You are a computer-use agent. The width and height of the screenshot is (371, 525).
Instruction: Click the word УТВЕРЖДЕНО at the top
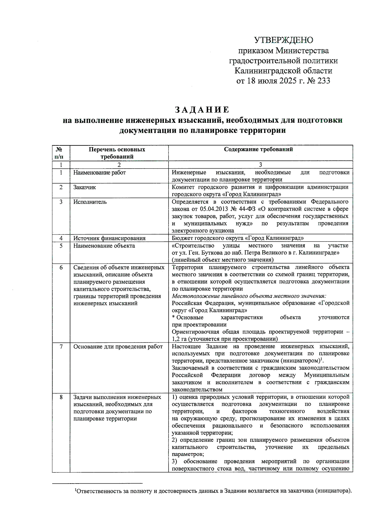283,40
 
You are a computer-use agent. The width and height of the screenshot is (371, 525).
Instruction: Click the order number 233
323,81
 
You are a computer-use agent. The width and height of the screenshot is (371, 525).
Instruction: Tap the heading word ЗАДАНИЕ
202,110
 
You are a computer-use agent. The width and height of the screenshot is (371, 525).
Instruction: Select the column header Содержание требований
258,149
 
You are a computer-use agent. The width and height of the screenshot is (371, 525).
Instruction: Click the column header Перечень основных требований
117,153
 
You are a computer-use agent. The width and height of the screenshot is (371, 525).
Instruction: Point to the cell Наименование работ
100,173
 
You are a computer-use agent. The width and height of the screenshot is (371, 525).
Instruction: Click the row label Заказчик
84,187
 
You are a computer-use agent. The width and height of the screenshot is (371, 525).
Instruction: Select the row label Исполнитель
90,202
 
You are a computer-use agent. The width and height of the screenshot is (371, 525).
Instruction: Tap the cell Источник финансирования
109,238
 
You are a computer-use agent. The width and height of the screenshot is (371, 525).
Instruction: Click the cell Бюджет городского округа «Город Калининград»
237,238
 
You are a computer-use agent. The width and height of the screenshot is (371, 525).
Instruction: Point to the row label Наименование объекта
104,246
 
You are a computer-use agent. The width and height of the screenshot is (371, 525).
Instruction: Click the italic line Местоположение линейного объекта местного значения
249,296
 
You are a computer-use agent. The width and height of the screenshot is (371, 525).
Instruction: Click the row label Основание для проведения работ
118,347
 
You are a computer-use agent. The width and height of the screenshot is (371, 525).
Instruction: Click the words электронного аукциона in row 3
203,231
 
